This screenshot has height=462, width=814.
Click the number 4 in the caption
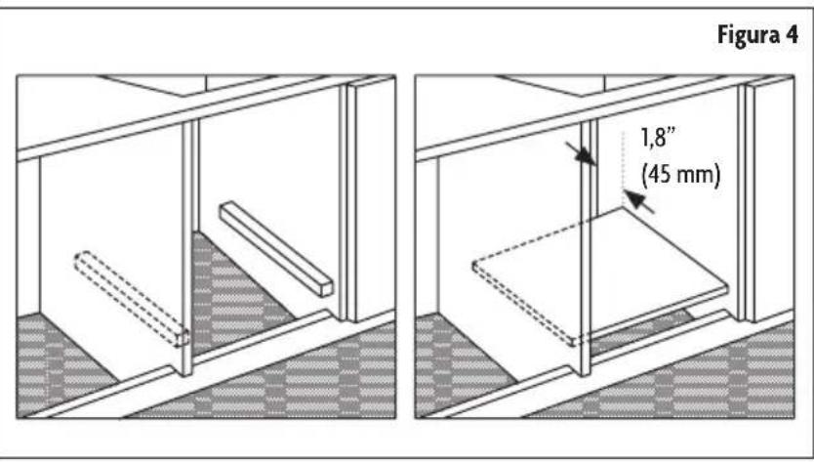click(x=792, y=35)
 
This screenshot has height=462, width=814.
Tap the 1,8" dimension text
click(x=658, y=140)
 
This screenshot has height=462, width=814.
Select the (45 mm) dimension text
click(x=680, y=175)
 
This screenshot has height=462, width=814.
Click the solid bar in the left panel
click(x=276, y=248)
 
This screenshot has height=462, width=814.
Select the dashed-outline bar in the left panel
click(x=132, y=298)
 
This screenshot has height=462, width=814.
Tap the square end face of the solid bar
click(x=326, y=289)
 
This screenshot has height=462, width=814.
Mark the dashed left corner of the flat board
click(x=474, y=265)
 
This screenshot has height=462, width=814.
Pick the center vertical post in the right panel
click(x=588, y=247)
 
